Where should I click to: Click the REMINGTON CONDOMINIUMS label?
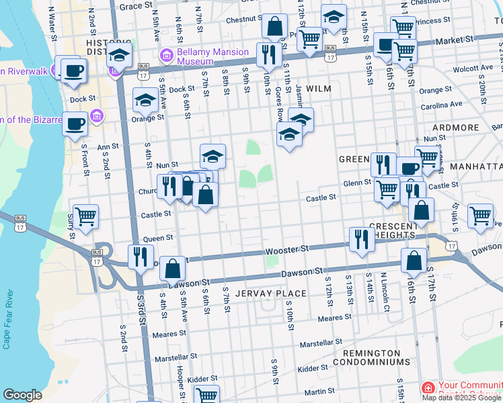[x=376, y=357]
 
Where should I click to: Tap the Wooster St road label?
[x=287, y=249]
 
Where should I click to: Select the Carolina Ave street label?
[x=442, y=105]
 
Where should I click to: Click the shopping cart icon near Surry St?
[x=85, y=216]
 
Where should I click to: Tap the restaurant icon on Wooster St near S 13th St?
[x=362, y=238]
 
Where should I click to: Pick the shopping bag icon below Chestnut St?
[x=274, y=27]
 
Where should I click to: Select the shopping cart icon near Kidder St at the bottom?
[x=206, y=395]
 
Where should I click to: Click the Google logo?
[x=23, y=395]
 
